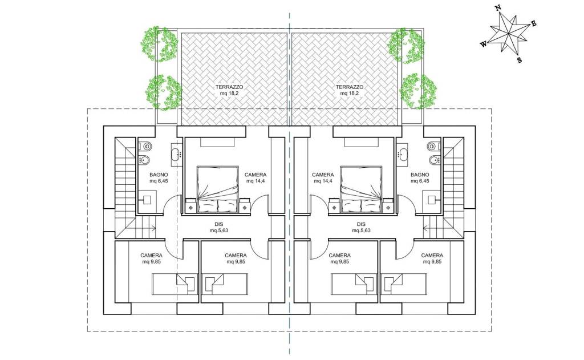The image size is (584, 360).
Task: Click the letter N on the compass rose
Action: pos(497,8)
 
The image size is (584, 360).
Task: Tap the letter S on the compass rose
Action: pos(520,60)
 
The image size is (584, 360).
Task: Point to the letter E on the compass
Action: pos(533,24)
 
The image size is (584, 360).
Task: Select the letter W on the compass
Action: pos(484,44)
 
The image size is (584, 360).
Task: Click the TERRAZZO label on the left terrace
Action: pos(229,87)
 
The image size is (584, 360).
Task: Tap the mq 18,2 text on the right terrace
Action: pos(350,93)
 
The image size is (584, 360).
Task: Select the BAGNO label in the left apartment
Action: pos(159,175)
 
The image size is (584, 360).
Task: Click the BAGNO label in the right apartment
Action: pos(420,175)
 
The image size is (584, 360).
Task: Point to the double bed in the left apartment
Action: pos(217,189)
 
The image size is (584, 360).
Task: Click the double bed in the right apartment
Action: pos(361,189)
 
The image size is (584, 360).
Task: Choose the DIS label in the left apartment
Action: pos(219,224)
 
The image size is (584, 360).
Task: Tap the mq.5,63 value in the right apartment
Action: pos(361,230)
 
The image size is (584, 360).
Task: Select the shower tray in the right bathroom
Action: pos(432,200)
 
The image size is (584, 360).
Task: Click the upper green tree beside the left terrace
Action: pos(159,43)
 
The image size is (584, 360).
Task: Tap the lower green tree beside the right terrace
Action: pos(418,91)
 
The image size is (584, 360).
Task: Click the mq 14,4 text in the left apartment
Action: pos(255,181)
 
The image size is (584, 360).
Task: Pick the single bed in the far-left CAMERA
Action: pos(173,284)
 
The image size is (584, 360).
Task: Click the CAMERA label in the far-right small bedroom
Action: pos(432,255)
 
